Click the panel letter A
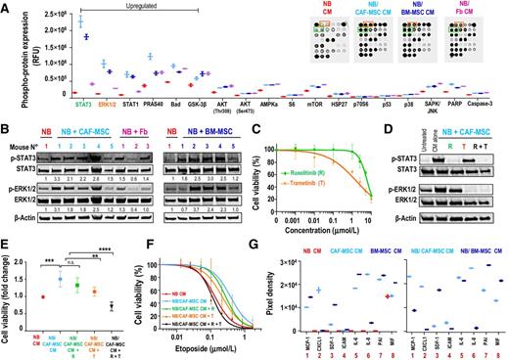(x=6, y=6)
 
